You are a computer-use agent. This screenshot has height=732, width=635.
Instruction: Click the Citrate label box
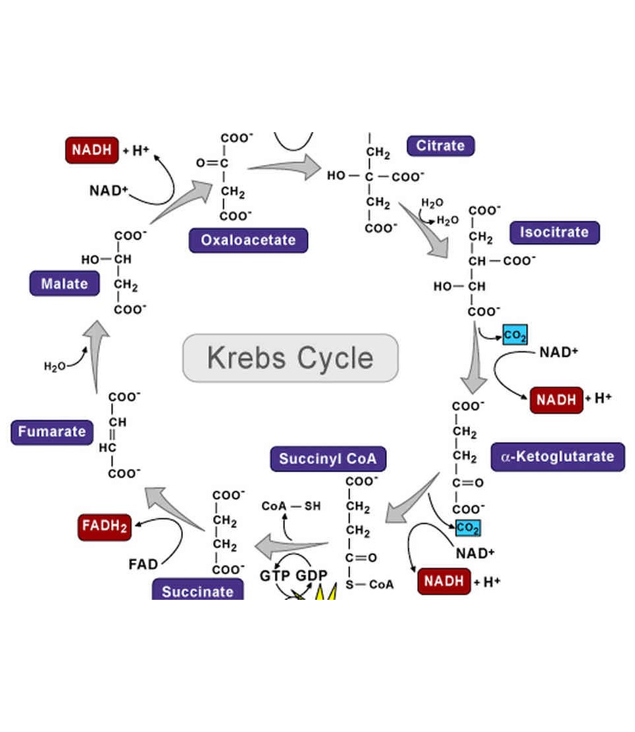(x=440, y=145)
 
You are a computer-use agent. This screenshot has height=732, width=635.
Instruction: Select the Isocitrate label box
(x=554, y=232)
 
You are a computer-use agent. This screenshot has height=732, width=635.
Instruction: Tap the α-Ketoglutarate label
(x=557, y=456)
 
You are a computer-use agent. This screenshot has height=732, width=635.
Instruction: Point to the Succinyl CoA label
(x=328, y=459)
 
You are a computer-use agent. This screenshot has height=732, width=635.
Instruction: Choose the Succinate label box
(x=197, y=591)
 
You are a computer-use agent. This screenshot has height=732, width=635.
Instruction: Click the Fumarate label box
(x=52, y=432)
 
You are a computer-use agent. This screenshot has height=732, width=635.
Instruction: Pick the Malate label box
(x=64, y=284)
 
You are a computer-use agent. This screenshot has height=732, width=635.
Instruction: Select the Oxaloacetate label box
(x=248, y=240)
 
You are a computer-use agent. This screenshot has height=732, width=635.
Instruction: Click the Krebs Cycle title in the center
(x=290, y=358)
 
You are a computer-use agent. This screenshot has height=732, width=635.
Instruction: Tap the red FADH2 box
(x=105, y=526)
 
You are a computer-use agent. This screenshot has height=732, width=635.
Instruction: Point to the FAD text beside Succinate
(x=143, y=564)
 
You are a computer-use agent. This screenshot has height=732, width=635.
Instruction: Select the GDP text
(x=311, y=575)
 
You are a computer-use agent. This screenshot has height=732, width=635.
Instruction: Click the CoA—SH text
(x=291, y=506)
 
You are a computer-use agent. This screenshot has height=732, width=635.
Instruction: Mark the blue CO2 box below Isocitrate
(x=515, y=335)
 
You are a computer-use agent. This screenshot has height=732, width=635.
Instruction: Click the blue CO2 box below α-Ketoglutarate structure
(x=467, y=527)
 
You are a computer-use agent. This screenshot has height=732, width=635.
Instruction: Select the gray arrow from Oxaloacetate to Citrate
(x=284, y=168)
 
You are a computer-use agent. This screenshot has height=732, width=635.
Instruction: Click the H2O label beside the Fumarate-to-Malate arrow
(x=55, y=366)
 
